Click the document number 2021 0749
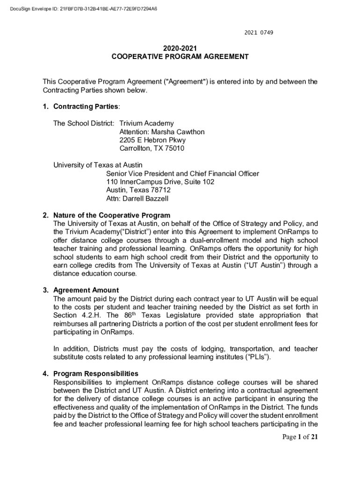point(259,33)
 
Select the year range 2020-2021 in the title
point(180,48)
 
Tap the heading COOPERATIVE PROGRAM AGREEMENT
point(180,57)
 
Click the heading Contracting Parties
point(86,107)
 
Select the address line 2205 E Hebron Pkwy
point(152,140)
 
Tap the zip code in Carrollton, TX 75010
point(174,149)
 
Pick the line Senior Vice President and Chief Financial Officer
point(182,174)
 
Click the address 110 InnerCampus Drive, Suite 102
point(160,182)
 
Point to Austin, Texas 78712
point(138,190)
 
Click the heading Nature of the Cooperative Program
point(112,216)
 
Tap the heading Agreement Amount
point(86,290)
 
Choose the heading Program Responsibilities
point(96,374)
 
